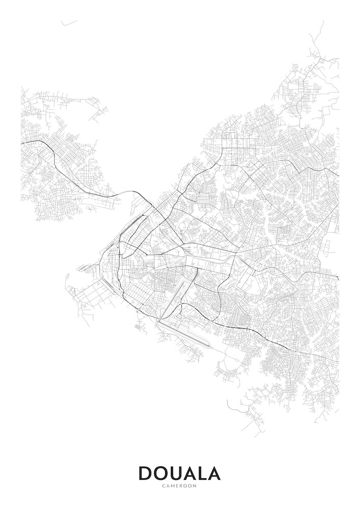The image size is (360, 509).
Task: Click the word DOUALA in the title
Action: click(180, 473)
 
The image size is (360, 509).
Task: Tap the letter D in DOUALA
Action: click(146, 473)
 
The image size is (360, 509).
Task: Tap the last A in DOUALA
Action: click(214, 473)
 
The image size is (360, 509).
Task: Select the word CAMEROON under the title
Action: click(180, 486)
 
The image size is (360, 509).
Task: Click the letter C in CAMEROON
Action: click(164, 486)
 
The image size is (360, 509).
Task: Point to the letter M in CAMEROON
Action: click(173, 486)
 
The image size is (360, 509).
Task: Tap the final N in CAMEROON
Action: click(196, 486)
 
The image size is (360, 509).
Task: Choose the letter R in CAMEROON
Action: click(182, 486)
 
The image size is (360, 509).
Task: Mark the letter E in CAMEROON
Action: click(178, 486)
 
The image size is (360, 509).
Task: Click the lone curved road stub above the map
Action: click(69, 23)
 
